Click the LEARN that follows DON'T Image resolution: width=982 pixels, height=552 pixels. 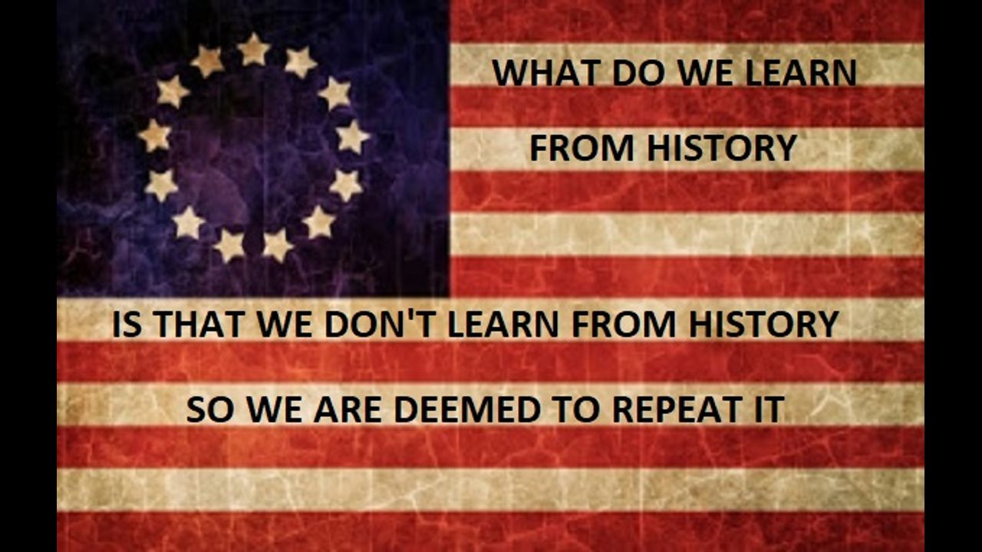tap(503, 324)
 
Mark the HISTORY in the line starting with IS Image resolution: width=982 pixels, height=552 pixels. tap(764, 324)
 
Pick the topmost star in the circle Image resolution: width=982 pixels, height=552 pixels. tap(253, 50)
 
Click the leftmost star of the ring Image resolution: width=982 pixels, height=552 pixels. tap(154, 136)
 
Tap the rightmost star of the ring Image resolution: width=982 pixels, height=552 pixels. tap(352, 137)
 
